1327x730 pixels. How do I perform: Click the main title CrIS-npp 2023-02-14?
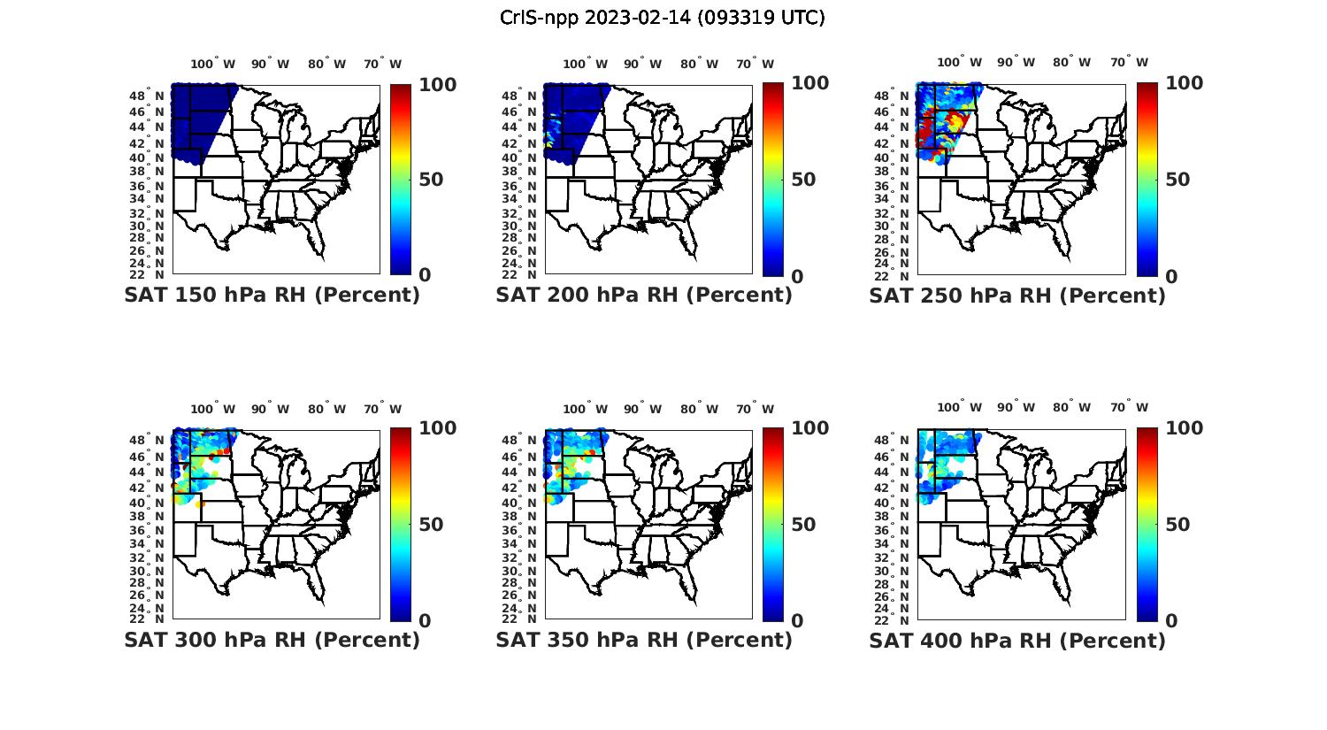point(662,18)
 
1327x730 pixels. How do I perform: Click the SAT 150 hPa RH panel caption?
point(272,295)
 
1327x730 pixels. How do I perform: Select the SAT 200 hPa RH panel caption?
point(644,295)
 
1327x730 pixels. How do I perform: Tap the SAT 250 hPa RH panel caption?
point(1017,295)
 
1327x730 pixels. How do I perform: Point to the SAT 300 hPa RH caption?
point(272,639)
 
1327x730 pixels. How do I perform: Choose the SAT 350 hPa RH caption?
point(644,639)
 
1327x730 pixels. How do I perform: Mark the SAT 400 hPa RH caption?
point(1017,639)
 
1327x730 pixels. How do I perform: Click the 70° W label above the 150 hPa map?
point(382,64)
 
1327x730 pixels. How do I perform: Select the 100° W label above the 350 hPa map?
point(585,409)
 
